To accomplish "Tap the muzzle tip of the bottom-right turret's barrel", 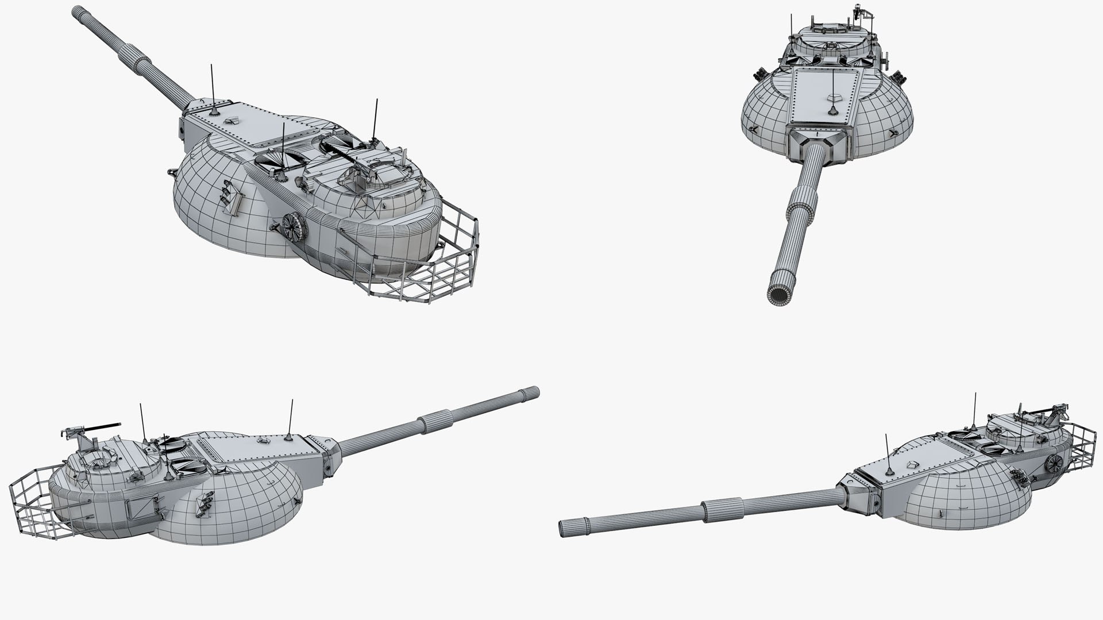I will click(564, 528).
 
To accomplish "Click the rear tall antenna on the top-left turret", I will click(376, 121).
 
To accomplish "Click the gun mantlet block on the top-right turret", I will click(819, 144).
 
